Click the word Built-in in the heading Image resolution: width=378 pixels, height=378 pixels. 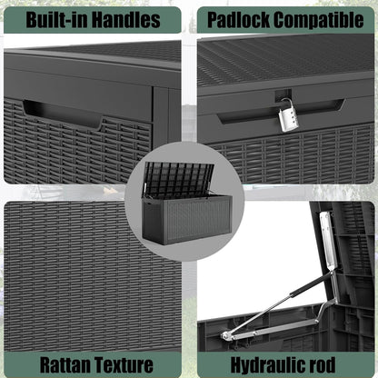click(57, 20)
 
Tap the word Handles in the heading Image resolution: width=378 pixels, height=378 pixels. click(125, 20)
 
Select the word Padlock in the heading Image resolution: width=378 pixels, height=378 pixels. click(238, 20)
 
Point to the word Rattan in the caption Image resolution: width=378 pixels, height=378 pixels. click(65, 364)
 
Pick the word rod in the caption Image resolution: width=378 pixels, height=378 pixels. click(323, 364)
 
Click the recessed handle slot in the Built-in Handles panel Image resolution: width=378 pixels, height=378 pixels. click(62, 114)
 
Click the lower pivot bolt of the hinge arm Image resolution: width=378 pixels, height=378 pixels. click(224, 335)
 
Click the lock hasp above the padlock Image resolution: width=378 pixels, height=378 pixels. click(283, 94)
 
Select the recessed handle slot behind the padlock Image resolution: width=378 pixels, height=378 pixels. click(282, 112)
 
